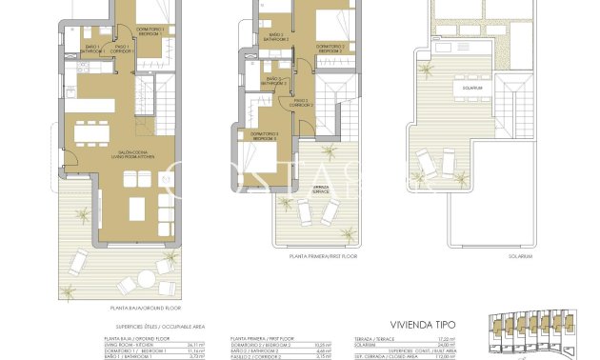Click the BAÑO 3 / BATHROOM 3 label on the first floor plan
[275, 81]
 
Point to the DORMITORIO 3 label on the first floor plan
[264, 136]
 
